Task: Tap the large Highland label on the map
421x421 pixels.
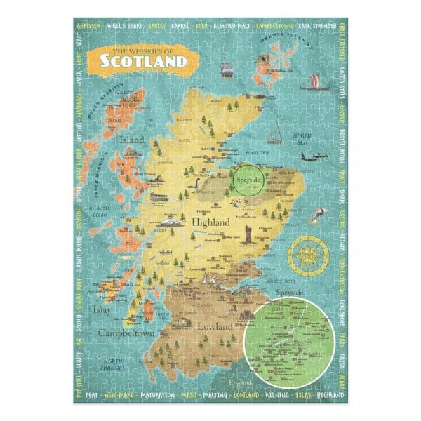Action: (x=210, y=222)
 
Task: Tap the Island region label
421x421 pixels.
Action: (x=132, y=140)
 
